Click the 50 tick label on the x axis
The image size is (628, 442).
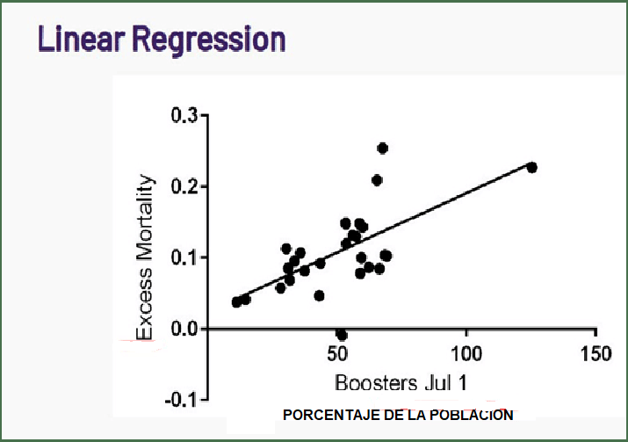point(337,353)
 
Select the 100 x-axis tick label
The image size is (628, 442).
point(466,353)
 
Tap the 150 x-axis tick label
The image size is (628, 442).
point(596,353)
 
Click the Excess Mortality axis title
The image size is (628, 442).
point(145,257)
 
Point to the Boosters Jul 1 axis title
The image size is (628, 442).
point(400,383)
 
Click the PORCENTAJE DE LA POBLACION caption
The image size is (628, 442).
point(398,414)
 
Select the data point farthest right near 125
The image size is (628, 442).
point(531,167)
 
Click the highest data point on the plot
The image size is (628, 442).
point(382,148)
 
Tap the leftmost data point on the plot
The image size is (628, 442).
point(236,302)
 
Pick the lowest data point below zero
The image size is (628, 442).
point(342,335)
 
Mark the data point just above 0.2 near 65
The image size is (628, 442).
point(377,180)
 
